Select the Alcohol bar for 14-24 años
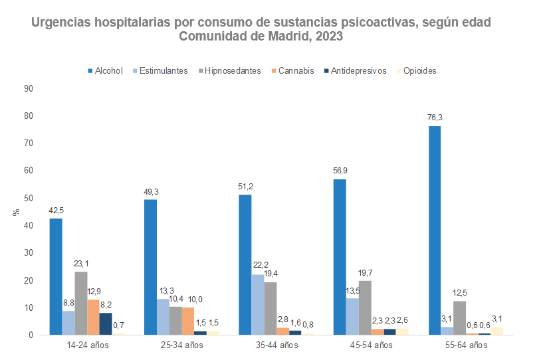click(x=56, y=276)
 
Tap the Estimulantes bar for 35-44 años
click(x=257, y=305)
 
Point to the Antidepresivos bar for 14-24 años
click(x=106, y=324)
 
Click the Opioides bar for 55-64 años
click(x=497, y=331)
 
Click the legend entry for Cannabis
click(x=296, y=70)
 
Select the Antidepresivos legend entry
click(x=358, y=70)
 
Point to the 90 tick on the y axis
click(x=29, y=88)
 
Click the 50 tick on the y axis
click(x=29, y=198)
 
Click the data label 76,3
click(x=435, y=118)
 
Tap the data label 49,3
click(x=151, y=192)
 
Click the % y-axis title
click(x=15, y=213)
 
